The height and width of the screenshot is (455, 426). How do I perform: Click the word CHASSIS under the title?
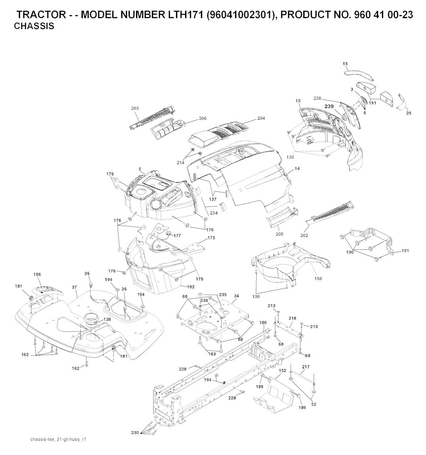coord(34,26)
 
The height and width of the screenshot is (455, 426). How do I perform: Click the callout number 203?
coord(135,108)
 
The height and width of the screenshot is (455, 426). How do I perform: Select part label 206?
coord(203,118)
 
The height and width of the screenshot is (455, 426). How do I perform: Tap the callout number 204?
coord(261,118)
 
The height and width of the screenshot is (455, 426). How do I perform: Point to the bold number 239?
coord(329,107)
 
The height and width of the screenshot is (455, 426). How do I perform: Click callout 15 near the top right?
coord(345,64)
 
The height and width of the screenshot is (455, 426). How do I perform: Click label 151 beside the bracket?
coord(405,251)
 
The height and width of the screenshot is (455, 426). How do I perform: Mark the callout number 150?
coord(318,279)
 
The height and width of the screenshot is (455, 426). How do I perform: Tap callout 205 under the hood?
coord(279,234)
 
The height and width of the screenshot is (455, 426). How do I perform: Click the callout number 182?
coord(191,287)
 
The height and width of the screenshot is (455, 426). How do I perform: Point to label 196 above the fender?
coord(37,274)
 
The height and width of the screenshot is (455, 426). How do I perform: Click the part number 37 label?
coord(74,287)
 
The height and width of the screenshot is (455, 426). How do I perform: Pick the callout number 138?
coord(107,319)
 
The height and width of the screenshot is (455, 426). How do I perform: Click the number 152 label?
coord(282,370)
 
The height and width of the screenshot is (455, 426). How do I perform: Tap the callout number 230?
coord(135,433)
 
